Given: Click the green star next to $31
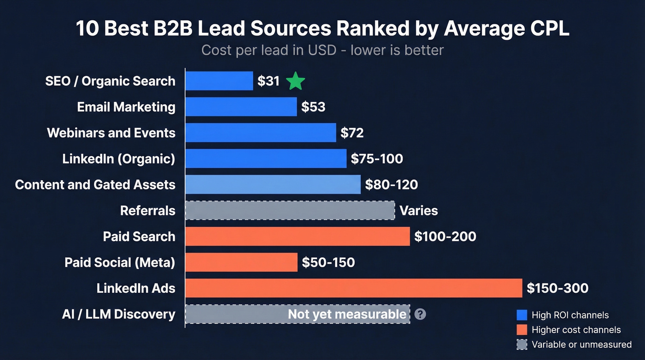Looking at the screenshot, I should click(x=295, y=81).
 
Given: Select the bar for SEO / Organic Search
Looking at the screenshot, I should click(x=219, y=81).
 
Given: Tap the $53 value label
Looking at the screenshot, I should click(x=313, y=107).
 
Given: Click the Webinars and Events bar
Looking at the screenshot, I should click(x=261, y=133).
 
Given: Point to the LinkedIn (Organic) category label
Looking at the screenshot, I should click(x=119, y=159).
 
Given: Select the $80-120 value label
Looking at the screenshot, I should click(x=391, y=185).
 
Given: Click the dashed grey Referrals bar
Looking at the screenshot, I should click(x=290, y=211).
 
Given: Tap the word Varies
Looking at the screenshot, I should click(x=418, y=211).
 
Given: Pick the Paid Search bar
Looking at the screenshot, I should click(x=297, y=236).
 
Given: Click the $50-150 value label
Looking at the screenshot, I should click(x=328, y=262).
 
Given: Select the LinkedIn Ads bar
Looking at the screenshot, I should click(x=353, y=288).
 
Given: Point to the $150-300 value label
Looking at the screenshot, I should click(x=557, y=288).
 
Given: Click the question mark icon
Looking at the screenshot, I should click(x=420, y=314).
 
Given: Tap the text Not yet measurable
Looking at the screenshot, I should click(x=347, y=314).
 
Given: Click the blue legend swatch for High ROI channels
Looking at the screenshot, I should click(x=522, y=315).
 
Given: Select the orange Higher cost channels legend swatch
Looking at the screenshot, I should click(x=522, y=330).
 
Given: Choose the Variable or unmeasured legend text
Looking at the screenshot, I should click(x=581, y=344).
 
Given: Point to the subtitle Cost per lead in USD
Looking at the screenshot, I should click(x=269, y=50).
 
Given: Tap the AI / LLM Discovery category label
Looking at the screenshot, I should click(x=118, y=314).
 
